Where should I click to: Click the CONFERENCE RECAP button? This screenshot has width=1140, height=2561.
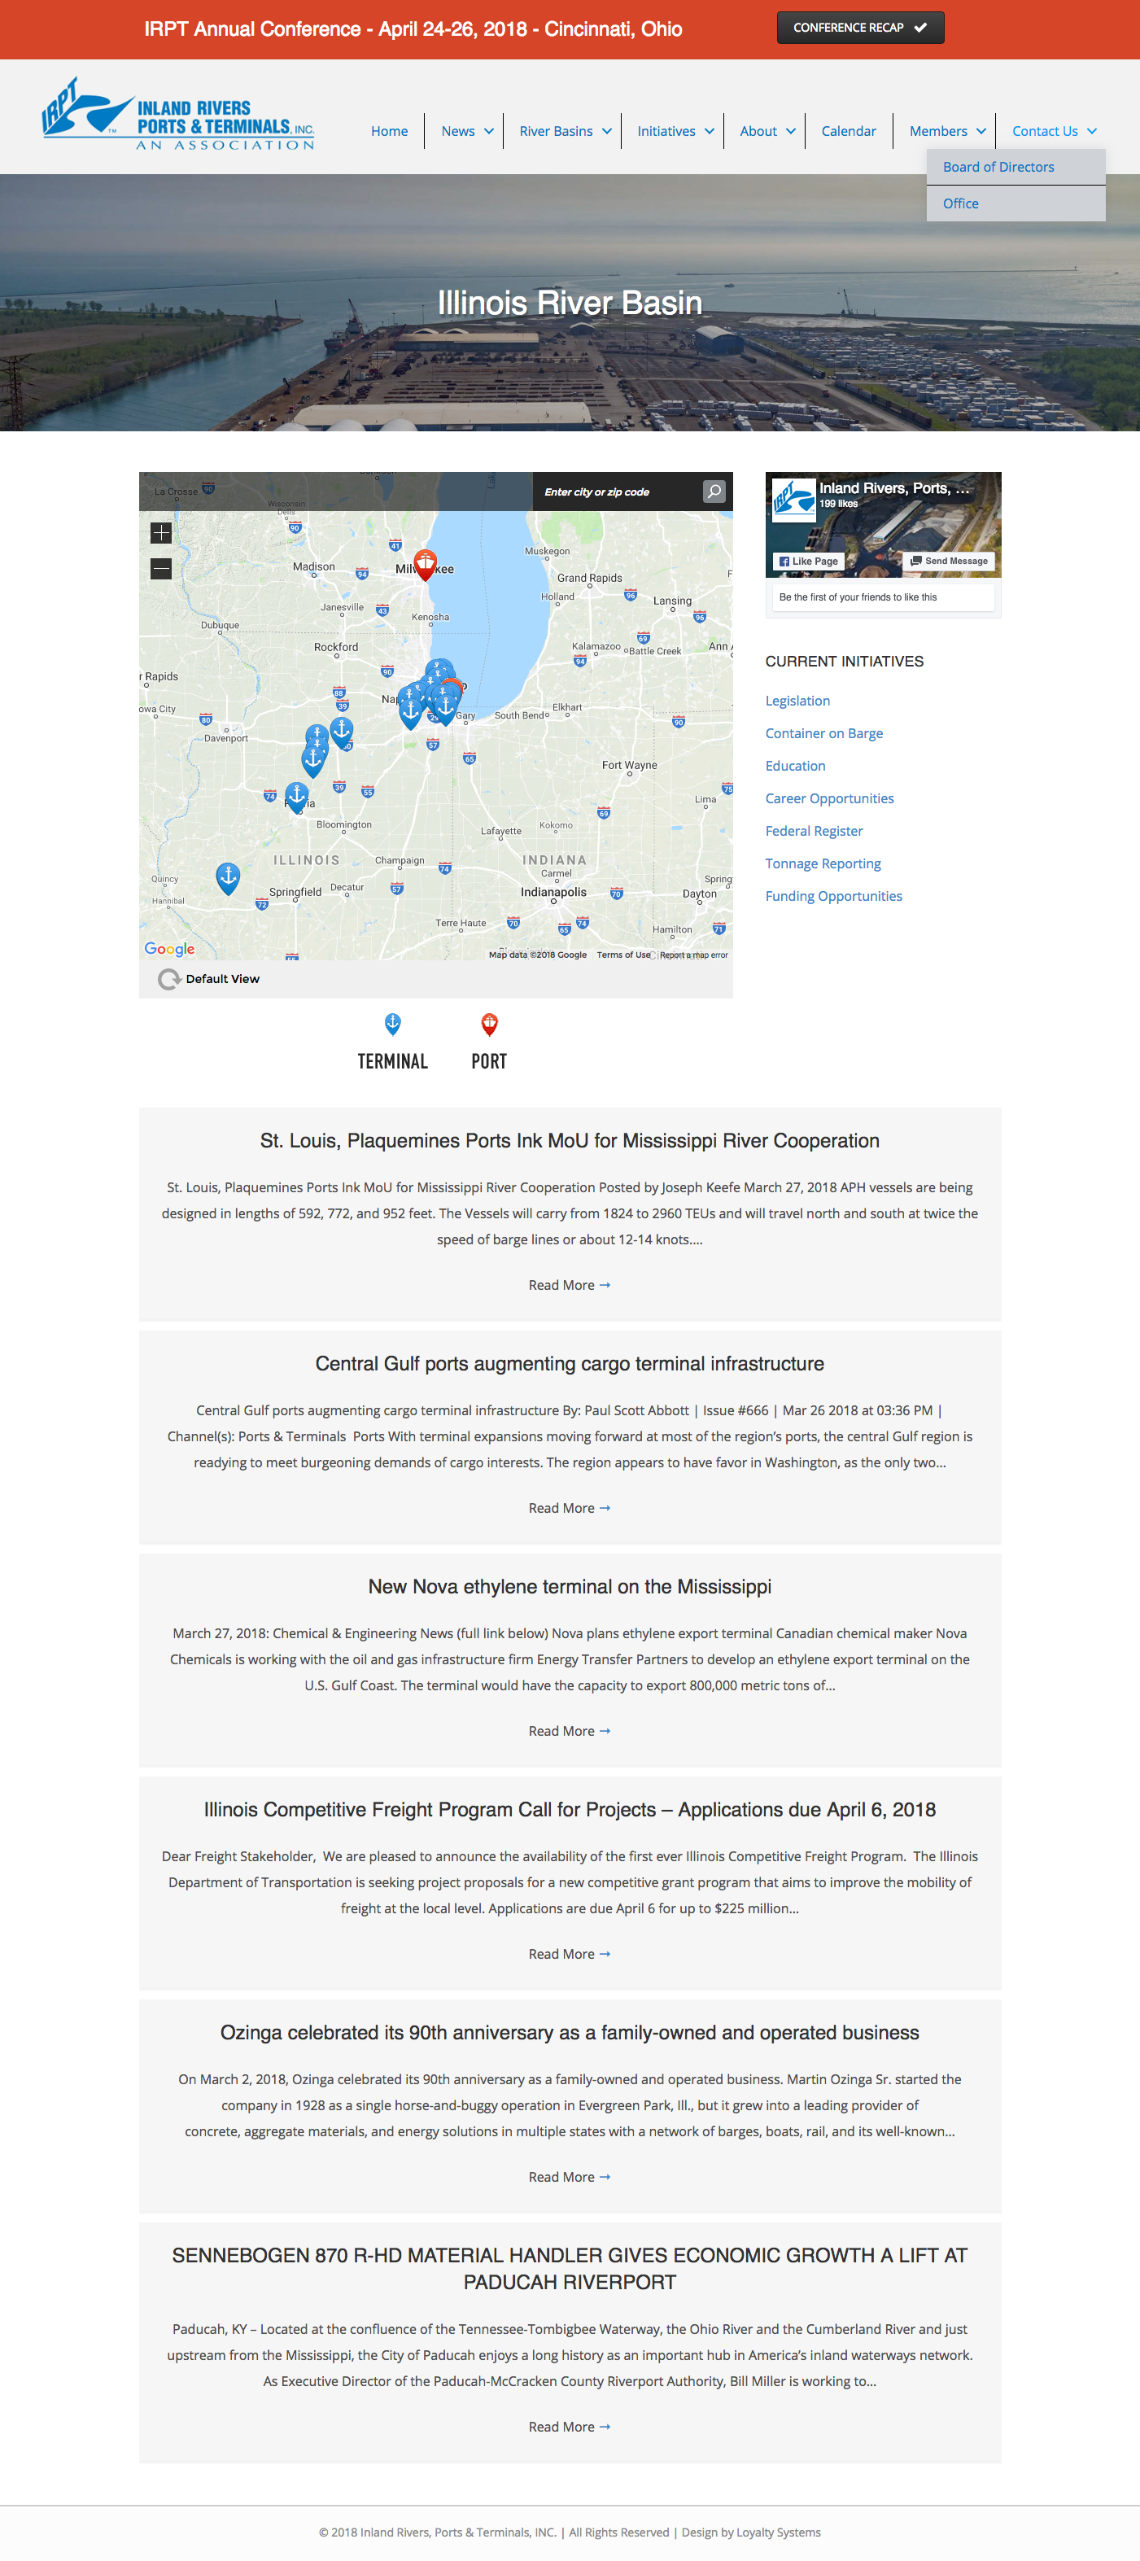[x=860, y=28]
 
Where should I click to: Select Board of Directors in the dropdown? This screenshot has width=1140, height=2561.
[x=998, y=167]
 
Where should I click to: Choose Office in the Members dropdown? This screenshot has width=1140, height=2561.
[x=960, y=203]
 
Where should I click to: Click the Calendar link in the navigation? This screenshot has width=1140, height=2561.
[x=848, y=131]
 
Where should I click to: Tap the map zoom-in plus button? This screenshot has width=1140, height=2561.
[x=161, y=533]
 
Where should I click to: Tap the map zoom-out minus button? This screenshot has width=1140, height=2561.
[x=161, y=569]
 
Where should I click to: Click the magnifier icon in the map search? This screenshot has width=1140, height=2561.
[x=714, y=492]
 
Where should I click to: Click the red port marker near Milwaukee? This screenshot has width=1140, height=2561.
[x=426, y=562]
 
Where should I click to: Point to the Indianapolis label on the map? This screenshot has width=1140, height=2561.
[x=553, y=892]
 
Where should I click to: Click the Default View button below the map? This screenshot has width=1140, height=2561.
[x=210, y=978]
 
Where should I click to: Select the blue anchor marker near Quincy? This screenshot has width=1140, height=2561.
[x=228, y=877]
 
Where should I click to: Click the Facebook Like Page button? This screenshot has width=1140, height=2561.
[x=809, y=561]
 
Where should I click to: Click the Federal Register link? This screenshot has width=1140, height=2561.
[x=813, y=831]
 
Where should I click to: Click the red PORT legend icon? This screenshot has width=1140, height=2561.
[x=489, y=1024]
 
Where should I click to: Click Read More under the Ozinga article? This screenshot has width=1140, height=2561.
[x=569, y=2176]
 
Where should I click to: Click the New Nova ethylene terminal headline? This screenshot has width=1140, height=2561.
[x=570, y=1587]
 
